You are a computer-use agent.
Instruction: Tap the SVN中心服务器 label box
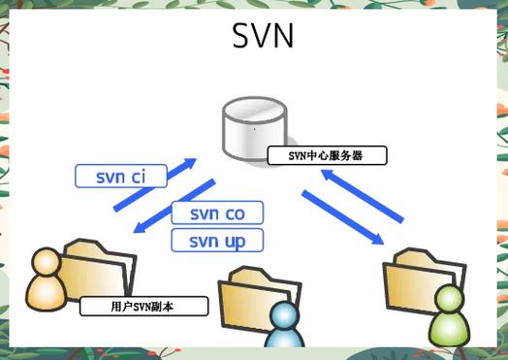326,155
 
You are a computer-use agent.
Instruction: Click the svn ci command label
120,177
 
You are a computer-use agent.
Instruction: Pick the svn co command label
217,213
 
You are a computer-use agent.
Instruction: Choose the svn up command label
217,240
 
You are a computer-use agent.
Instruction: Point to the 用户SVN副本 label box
144,307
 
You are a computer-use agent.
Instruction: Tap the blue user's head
281,313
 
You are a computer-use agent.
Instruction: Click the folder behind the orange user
97,272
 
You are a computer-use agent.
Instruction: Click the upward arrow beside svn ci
155,184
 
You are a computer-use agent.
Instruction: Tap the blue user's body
281,338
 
